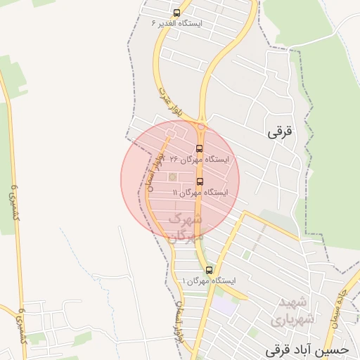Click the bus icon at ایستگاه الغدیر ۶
click(176, 13)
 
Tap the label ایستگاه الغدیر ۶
click(176, 23)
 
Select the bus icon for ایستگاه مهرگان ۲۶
click(199, 148)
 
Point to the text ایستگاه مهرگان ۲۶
click(200, 160)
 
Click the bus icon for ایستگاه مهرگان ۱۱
click(200, 181)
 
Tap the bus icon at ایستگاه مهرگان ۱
click(209, 270)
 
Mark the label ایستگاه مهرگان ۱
click(210, 281)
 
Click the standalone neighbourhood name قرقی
click(279, 131)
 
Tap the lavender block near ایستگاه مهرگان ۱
click(225, 307)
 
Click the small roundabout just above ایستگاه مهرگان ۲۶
click(201, 127)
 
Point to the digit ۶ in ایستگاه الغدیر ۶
click(154, 23)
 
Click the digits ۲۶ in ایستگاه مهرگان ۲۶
click(174, 160)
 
